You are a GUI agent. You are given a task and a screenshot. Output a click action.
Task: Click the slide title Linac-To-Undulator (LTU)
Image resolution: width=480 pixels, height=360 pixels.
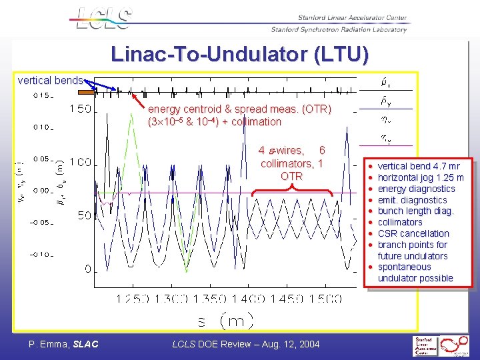(x=239, y=55)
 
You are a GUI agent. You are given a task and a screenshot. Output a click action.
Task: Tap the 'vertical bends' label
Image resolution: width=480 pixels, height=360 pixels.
(x=51, y=81)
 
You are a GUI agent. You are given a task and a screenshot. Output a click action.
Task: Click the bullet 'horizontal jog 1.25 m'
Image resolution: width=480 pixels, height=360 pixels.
(x=420, y=177)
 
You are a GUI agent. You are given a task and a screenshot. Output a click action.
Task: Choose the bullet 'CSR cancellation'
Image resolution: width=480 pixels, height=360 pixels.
(x=413, y=233)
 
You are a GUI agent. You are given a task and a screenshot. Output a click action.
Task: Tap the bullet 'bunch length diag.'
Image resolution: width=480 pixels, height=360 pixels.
(x=415, y=211)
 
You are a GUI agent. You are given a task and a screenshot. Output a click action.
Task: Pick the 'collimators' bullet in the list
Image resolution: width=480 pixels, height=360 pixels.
(x=400, y=222)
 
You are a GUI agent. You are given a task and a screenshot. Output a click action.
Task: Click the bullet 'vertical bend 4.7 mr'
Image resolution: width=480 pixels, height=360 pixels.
(x=419, y=166)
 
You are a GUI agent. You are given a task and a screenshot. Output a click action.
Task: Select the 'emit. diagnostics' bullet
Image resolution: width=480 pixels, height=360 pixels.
(x=412, y=199)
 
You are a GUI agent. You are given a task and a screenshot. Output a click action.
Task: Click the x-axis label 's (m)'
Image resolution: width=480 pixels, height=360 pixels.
(x=225, y=321)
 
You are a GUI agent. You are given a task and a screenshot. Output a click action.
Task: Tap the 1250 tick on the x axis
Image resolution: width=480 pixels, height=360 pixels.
(x=133, y=299)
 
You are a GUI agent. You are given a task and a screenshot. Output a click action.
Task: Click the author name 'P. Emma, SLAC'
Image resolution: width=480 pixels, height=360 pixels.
(x=63, y=344)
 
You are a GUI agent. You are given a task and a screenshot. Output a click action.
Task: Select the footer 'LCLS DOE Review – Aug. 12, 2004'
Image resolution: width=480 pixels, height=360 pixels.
(x=246, y=344)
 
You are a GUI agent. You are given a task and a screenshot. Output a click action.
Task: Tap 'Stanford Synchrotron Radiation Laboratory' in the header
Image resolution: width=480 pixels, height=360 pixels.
(x=339, y=29)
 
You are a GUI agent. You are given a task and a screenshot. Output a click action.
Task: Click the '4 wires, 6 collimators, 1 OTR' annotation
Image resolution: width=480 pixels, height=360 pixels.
(x=292, y=163)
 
